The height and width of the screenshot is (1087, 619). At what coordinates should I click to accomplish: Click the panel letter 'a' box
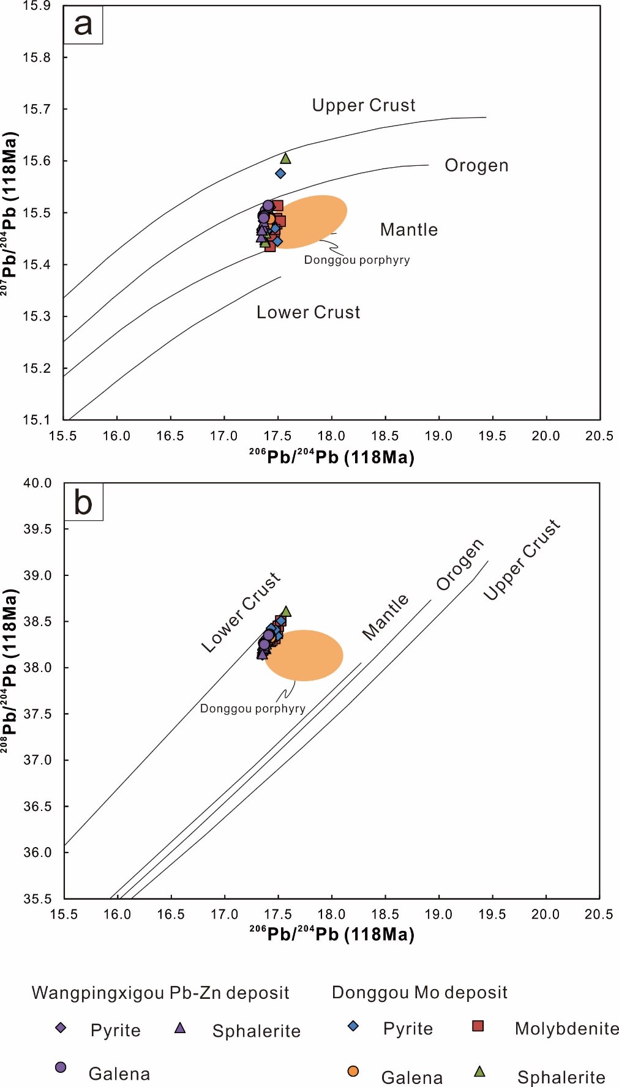point(83,25)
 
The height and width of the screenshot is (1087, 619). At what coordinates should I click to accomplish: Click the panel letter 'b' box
point(83,502)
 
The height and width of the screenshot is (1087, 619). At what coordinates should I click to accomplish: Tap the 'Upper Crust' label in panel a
point(364,105)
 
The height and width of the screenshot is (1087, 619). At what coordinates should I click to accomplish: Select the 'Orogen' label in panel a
point(476,165)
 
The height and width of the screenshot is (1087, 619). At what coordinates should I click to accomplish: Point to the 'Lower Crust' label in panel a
point(308,312)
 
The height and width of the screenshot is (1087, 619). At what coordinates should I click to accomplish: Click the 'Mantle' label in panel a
point(409,230)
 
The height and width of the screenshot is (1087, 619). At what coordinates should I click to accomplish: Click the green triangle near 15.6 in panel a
point(285,159)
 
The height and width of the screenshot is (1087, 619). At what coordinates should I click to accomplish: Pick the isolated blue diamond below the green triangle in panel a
point(280,173)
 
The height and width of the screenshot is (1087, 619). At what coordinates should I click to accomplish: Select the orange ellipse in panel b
point(304,655)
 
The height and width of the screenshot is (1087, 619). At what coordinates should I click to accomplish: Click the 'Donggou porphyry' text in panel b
point(252,708)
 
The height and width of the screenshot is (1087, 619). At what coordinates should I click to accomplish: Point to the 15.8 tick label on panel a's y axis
point(37,58)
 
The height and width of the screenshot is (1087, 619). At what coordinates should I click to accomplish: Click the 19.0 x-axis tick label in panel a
point(438,436)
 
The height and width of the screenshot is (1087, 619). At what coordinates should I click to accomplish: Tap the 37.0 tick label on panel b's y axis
point(37,760)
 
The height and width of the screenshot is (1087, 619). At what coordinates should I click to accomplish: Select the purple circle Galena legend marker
point(61,1067)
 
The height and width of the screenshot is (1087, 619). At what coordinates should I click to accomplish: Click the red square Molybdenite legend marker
point(478,1026)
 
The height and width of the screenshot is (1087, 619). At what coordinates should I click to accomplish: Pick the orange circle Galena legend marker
point(353,1070)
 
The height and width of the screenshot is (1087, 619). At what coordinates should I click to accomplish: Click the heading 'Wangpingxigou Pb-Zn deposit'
point(160,993)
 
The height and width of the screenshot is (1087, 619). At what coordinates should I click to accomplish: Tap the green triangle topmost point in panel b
point(286,611)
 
